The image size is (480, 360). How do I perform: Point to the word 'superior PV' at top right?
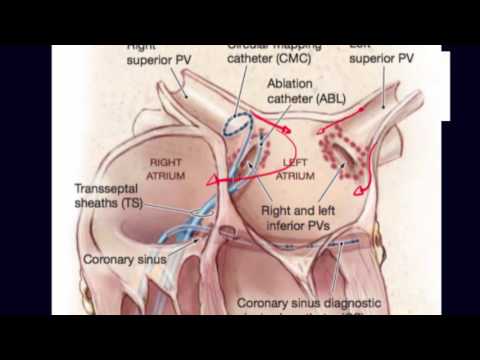coord(385,57)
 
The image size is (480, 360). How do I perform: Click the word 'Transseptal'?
coord(109,187)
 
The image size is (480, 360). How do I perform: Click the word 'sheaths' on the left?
coord(99,203)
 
